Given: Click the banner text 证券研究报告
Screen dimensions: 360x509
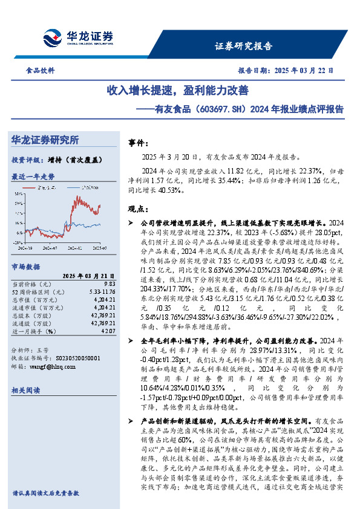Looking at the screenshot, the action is point(243,47).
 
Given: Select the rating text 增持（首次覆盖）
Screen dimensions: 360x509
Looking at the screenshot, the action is point(74,160).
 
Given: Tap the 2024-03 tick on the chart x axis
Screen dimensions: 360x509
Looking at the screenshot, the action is point(26,247).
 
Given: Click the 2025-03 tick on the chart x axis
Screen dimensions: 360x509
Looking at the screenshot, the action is point(100,247).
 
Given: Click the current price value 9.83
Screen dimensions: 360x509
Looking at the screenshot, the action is point(110,284).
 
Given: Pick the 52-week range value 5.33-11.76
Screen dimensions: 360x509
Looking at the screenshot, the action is point(102,292).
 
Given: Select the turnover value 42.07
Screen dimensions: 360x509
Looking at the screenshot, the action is point(108,331).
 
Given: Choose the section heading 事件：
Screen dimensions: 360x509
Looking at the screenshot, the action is point(139,144).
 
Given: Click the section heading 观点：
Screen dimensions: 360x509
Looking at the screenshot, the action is point(139,209).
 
